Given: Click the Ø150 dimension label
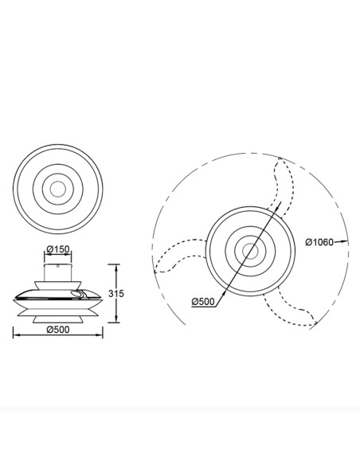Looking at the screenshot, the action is coord(58,249).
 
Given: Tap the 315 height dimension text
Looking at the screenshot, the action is coord(116,294).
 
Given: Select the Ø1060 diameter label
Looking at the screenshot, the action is coord(319,242).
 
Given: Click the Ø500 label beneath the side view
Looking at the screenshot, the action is coord(58,330).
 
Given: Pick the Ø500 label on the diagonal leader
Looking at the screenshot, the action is coord(203,302).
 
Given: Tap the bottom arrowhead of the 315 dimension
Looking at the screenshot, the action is coord(116,318).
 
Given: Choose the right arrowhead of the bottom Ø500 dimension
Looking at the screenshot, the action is coord(99,335).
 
